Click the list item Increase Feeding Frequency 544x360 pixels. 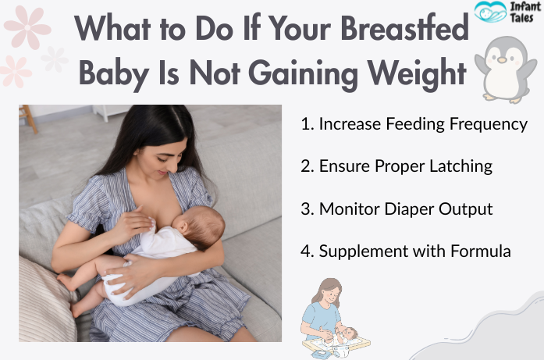pyautogui.click(x=414, y=123)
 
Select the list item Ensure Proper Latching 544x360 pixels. pyautogui.click(x=396, y=166)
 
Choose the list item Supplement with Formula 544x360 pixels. pyautogui.click(x=406, y=251)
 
